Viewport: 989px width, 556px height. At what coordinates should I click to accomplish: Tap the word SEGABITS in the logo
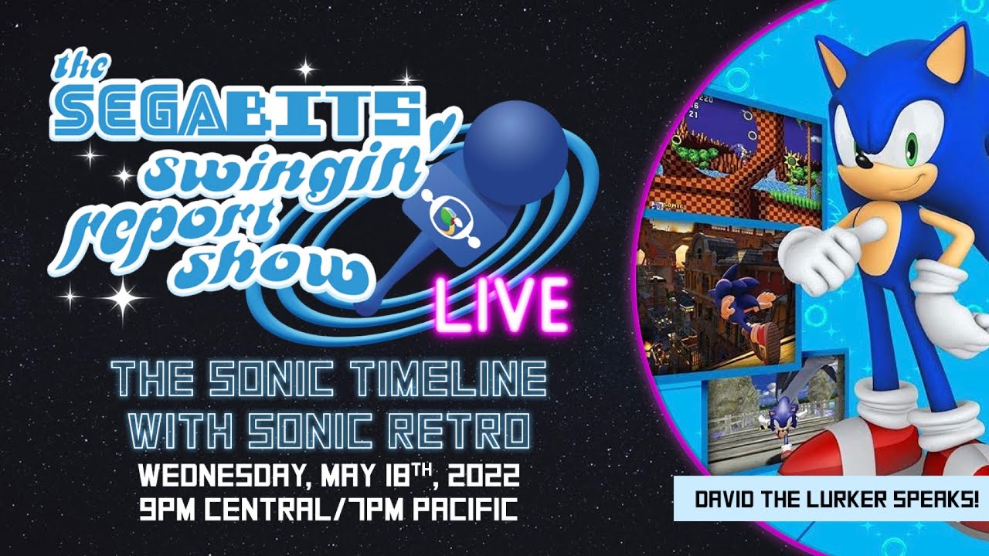tap(237, 111)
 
